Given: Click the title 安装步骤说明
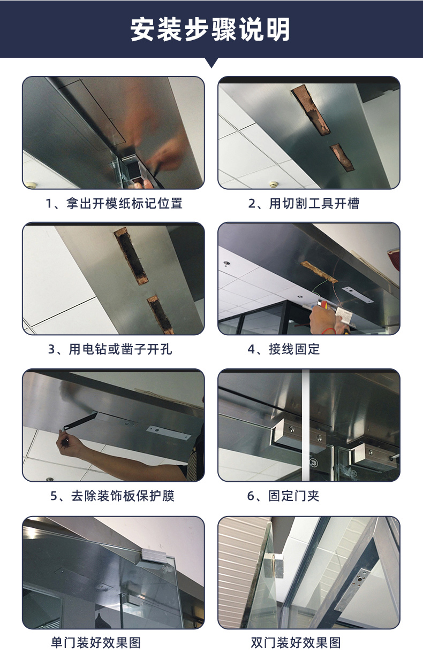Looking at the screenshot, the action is (x=210, y=29).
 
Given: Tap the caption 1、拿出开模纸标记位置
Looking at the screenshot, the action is (x=114, y=203).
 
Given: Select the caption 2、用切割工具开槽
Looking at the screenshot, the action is (x=304, y=203).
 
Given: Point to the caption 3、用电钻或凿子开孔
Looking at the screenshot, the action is (x=110, y=349).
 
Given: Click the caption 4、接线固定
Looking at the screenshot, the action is (x=284, y=349).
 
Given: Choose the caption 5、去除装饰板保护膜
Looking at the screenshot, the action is (x=112, y=496).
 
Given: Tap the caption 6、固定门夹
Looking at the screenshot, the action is (x=283, y=496).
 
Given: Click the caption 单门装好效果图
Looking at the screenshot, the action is (x=96, y=643).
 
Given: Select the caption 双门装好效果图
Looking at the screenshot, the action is (x=296, y=643).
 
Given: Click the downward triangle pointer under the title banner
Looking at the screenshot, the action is (x=211, y=62).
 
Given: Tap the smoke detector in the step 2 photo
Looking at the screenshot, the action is (x=273, y=183).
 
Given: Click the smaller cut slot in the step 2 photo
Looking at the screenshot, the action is (x=342, y=157).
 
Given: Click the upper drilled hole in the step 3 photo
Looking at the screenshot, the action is (x=131, y=256).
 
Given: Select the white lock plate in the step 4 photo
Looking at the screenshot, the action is (x=358, y=295).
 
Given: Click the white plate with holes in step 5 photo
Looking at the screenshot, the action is (x=168, y=433).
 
